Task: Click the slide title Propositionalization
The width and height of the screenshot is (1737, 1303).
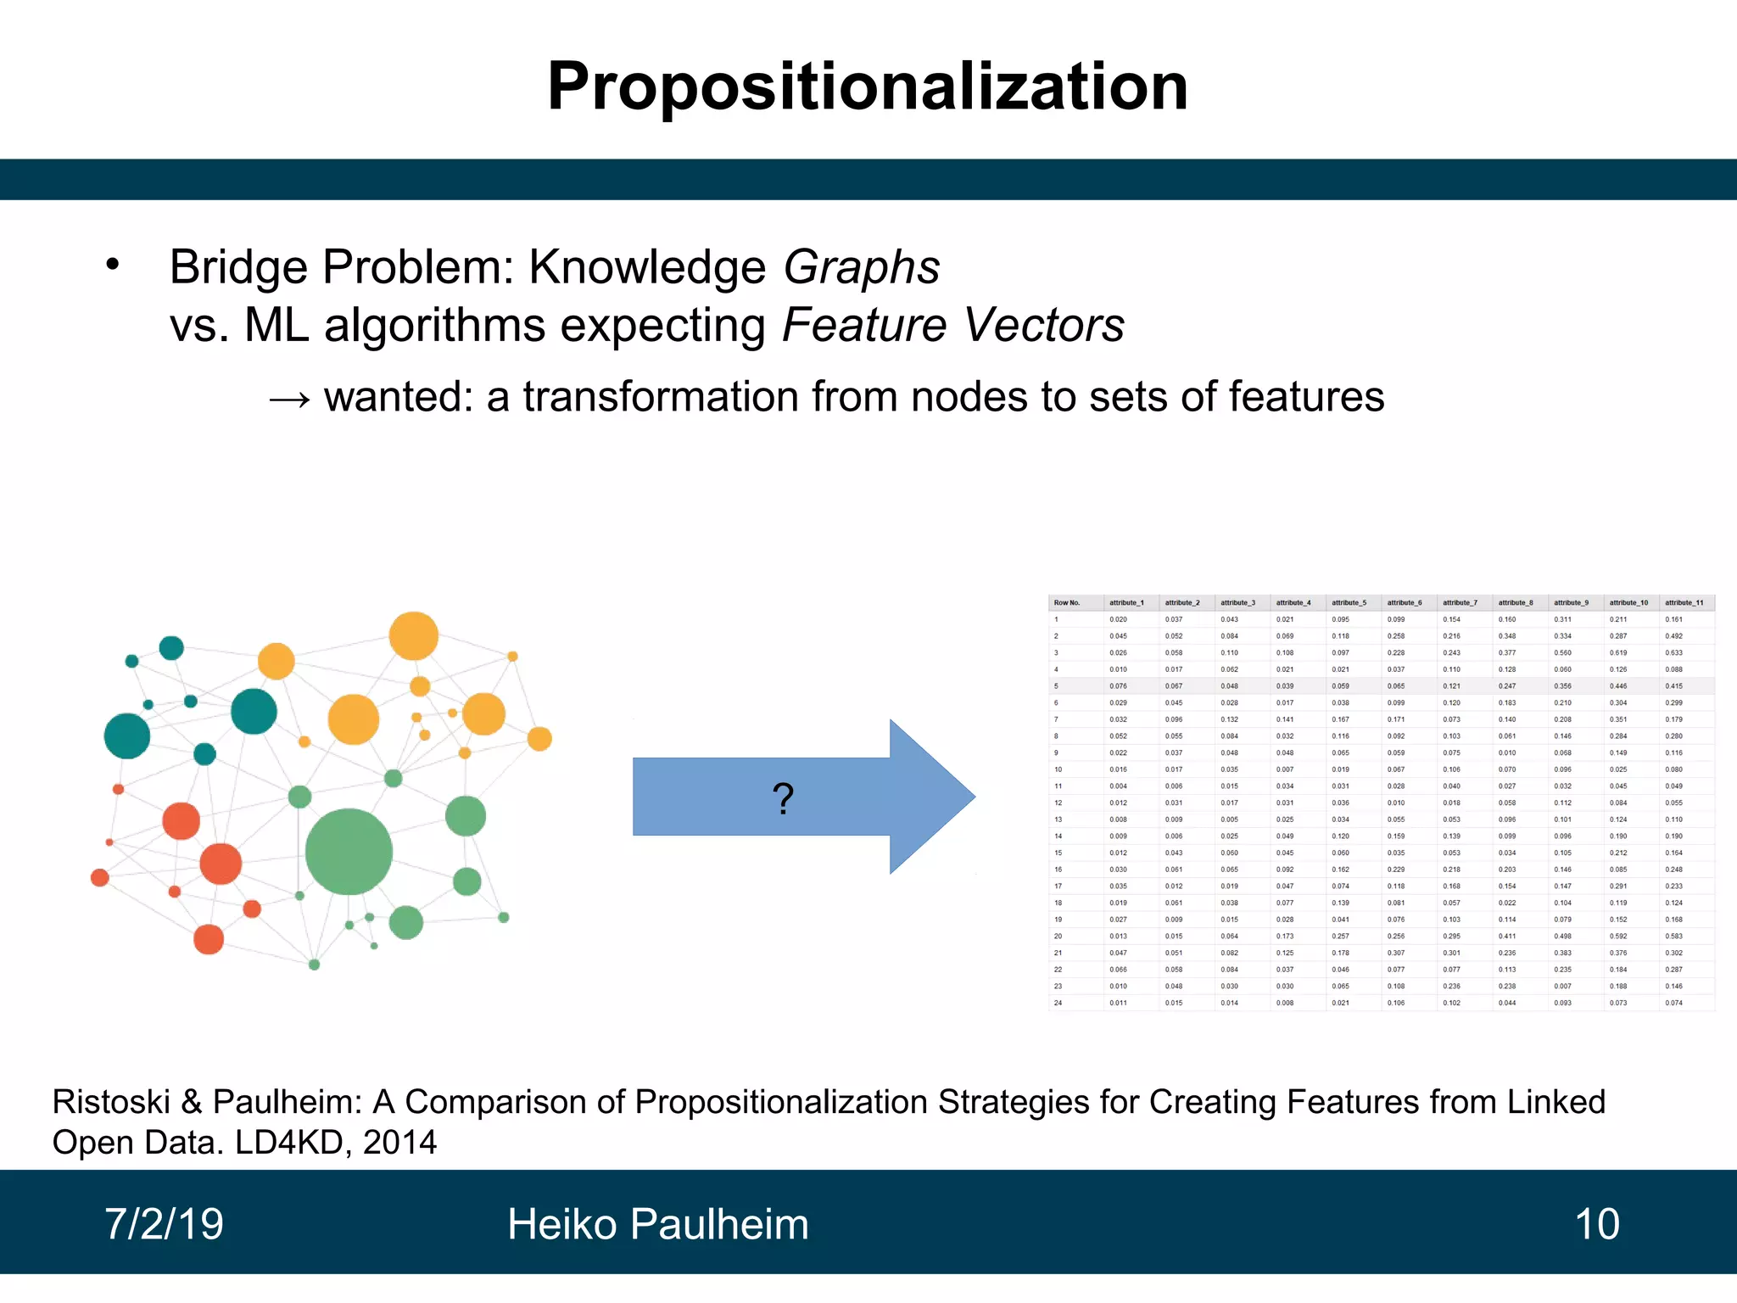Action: pyautogui.click(x=868, y=87)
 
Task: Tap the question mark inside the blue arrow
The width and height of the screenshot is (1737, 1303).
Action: pyautogui.click(x=783, y=798)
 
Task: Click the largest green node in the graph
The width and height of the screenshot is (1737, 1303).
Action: pyautogui.click(x=349, y=851)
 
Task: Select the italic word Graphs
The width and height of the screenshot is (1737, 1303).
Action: pyautogui.click(x=861, y=267)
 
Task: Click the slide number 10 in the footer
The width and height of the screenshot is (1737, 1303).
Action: pyautogui.click(x=1596, y=1224)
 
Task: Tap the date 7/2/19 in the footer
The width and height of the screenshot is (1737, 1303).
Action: pyautogui.click(x=164, y=1224)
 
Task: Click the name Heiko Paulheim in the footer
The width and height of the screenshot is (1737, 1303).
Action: pyautogui.click(x=657, y=1224)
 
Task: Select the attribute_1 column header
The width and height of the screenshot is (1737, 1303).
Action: pyautogui.click(x=1126, y=603)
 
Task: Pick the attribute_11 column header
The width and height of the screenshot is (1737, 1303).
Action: pyautogui.click(x=1684, y=603)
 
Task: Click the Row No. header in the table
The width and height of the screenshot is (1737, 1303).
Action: pyautogui.click(x=1066, y=603)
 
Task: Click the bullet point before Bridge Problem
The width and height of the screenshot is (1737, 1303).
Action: pyautogui.click(x=113, y=265)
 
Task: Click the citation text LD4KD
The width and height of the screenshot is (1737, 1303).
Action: pyautogui.click(x=287, y=1143)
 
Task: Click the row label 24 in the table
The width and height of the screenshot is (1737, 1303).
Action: pyautogui.click(x=1058, y=1003)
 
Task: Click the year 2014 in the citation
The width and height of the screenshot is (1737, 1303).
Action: pyautogui.click(x=399, y=1143)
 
